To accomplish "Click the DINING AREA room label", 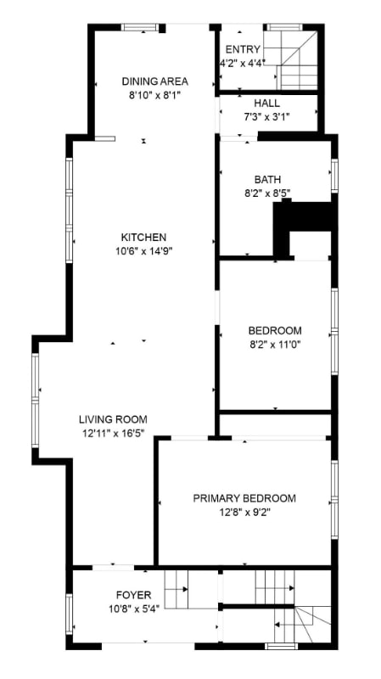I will tap(154, 81).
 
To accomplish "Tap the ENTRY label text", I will tap(243, 48).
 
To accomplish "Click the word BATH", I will tap(267, 179).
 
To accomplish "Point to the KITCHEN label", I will tap(143, 237).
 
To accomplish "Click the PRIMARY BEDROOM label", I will tap(244, 498).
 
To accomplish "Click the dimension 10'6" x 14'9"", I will tap(143, 250).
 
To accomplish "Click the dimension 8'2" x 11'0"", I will tap(274, 344).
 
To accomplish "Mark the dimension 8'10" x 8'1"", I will tap(154, 94).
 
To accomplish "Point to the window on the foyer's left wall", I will tap(69, 613).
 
